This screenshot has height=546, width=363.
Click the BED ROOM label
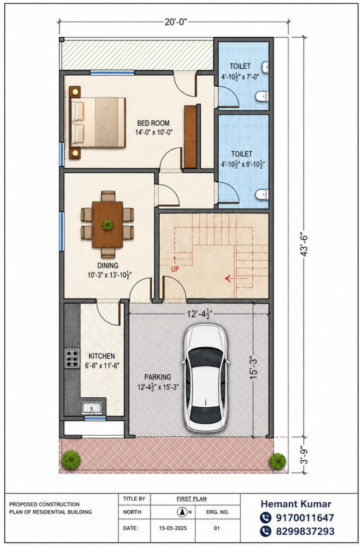153,123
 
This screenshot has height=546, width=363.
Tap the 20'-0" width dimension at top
176,22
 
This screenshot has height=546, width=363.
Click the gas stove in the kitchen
72,358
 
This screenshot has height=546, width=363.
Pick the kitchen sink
92,408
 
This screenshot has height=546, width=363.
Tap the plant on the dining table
108,224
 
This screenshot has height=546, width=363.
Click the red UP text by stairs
175,269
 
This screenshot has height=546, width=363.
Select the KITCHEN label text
102,356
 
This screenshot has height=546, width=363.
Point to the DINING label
108,266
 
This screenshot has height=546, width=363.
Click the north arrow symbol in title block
181,512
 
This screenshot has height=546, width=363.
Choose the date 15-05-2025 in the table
173,528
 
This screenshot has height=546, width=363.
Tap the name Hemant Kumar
296,504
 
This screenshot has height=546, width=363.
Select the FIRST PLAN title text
192,499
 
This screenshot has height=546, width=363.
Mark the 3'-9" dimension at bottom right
305,455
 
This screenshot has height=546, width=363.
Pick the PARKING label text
158,377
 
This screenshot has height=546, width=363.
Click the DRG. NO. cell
218,512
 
